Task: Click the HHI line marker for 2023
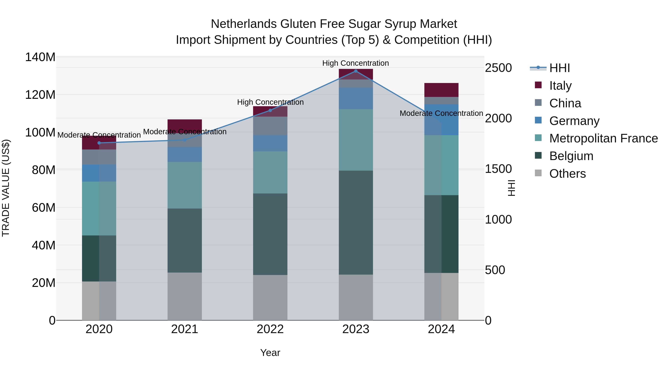coord(356,71)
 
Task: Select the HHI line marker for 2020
coord(99,143)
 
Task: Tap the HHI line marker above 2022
coord(270,110)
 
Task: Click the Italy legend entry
coord(560,86)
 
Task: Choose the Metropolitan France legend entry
coord(603,138)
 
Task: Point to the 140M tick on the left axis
coord(40,57)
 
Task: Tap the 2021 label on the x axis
coord(185,329)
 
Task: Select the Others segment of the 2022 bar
coord(270,297)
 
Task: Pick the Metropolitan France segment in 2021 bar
coord(185,185)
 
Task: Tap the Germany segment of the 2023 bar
coord(356,98)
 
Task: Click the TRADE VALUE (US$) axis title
coord(6,188)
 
